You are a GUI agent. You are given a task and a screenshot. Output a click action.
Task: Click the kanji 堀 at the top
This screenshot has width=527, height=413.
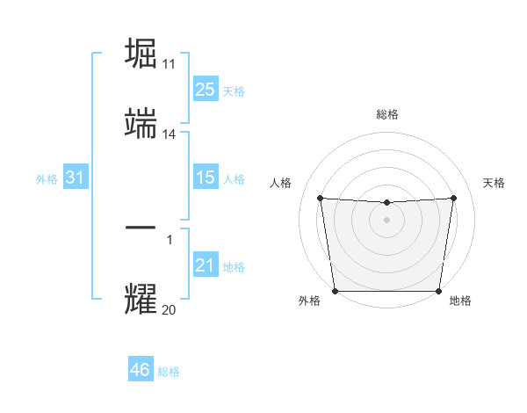141,53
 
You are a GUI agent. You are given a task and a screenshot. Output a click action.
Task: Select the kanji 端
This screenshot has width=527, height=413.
141,124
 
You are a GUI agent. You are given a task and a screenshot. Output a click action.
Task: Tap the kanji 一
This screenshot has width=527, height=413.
141,228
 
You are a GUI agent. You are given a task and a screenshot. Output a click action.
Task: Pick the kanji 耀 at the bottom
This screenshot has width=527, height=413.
141,299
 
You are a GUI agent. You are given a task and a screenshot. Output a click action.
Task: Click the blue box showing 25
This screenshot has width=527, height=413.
206,89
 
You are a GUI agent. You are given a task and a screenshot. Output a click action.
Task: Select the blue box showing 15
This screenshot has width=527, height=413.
206,178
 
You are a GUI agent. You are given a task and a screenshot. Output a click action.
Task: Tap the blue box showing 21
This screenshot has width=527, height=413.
206,265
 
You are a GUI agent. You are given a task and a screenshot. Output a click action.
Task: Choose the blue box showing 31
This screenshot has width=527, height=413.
75,178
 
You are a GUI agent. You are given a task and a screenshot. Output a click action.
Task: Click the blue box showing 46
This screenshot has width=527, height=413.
140,370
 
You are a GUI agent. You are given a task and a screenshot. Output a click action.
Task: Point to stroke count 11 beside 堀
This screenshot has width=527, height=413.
170,64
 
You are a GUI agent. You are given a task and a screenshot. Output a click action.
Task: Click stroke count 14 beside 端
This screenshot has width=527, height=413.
170,135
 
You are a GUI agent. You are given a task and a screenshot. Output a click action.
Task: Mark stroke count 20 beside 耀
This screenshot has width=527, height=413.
170,309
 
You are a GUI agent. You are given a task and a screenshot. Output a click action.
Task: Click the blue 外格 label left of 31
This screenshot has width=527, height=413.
47,178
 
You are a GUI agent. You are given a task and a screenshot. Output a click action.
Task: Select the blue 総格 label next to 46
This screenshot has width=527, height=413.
169,372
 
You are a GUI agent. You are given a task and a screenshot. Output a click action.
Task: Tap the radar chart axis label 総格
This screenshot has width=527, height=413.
387,114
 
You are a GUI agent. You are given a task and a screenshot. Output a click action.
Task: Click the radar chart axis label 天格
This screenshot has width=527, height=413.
494,183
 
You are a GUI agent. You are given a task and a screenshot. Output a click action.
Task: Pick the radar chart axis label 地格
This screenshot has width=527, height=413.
460,301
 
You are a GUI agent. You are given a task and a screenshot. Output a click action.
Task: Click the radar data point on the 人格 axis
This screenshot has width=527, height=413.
320,198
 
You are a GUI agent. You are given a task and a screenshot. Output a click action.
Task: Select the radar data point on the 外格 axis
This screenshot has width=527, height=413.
335,291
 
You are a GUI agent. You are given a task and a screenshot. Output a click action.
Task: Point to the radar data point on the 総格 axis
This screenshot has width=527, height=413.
387,203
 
